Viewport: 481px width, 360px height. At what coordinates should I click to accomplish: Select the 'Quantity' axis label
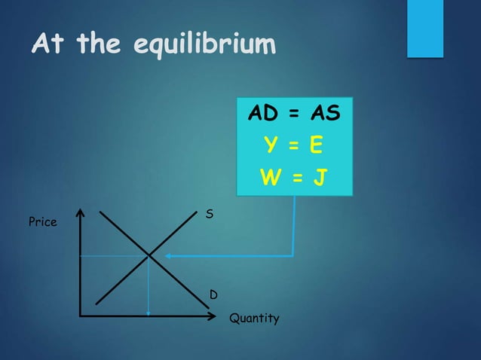(x=254, y=319)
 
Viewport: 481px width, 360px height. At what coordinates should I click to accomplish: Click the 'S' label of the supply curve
(x=210, y=215)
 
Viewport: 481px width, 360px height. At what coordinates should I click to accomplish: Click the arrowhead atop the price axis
(x=80, y=214)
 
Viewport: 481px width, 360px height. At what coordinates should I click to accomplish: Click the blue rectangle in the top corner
(x=424, y=27)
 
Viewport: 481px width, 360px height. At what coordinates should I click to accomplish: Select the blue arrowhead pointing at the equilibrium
(x=169, y=257)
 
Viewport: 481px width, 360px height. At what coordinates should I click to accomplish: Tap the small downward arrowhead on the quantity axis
(x=149, y=310)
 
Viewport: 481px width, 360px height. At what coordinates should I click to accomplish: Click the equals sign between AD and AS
(x=295, y=114)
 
